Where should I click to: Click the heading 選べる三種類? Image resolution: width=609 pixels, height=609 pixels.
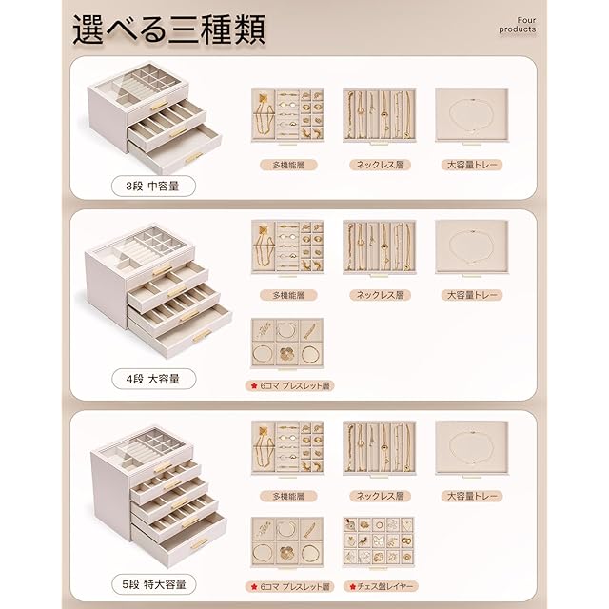point(169,29)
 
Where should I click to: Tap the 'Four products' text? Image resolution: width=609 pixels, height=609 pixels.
point(518,25)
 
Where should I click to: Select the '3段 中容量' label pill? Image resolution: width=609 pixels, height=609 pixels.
point(153,187)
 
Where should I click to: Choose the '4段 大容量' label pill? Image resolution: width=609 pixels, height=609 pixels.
point(154,379)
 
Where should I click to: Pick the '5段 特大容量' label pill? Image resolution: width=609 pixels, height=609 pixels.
point(154,584)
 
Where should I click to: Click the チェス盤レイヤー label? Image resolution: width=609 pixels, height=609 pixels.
point(381,586)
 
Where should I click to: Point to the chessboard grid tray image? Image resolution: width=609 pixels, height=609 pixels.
point(379,542)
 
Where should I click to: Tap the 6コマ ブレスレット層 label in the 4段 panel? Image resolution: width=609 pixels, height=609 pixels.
point(289,385)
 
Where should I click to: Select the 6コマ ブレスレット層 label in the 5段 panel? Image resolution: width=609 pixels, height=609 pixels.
point(289,586)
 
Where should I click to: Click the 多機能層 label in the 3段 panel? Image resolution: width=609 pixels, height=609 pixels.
point(288,165)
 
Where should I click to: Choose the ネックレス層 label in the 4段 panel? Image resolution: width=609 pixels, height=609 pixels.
point(381,295)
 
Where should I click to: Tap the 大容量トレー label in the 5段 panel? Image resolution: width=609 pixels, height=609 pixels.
point(472,496)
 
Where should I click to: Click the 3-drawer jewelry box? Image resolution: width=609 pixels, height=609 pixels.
point(154,118)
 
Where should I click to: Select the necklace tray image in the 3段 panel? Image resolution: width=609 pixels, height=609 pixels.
point(380,116)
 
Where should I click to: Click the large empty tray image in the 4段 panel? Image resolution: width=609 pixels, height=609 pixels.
point(472,247)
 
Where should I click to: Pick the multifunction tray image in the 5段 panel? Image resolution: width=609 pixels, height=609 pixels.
point(287,448)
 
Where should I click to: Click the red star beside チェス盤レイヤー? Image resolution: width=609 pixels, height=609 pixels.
point(353,586)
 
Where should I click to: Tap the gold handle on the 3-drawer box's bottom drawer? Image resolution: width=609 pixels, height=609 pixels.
point(193,157)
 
